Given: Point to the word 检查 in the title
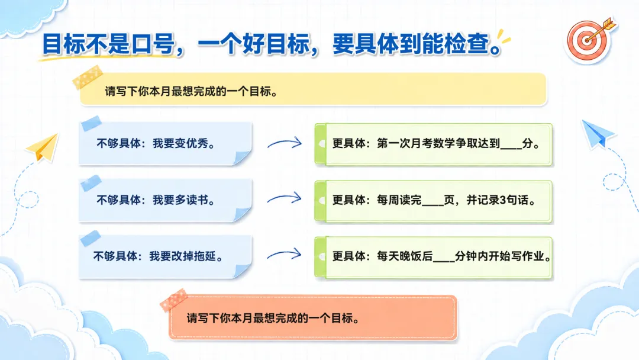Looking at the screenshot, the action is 466,44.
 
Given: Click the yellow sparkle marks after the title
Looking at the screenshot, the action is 504,36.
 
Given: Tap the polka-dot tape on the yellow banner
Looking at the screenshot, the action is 87,77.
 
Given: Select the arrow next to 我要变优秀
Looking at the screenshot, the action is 285,143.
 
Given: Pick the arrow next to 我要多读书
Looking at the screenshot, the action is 285,198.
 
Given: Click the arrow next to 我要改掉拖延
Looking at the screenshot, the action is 285,255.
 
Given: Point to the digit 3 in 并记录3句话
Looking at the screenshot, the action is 503,200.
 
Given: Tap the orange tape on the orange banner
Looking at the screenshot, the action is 173,300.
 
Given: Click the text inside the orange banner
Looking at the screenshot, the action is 273,318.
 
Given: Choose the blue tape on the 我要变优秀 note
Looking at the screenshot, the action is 91,123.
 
